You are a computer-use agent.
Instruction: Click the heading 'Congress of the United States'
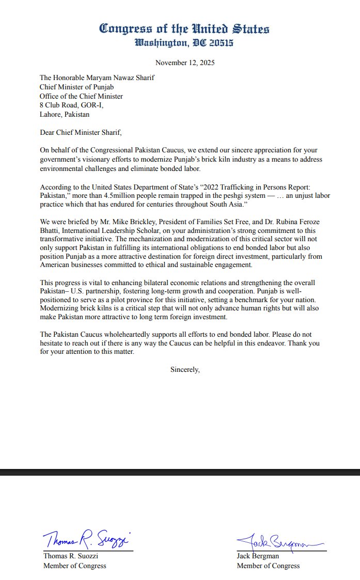pos(184,28)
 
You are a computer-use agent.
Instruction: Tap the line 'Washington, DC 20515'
pos(184,42)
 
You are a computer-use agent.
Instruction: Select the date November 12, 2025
pos(185,63)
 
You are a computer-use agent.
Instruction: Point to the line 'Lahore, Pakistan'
pos(65,114)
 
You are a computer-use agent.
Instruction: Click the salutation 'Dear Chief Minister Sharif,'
pos(81,132)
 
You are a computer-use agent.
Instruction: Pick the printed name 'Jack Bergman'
pos(258,556)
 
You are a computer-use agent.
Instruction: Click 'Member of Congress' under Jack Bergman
pos(268,566)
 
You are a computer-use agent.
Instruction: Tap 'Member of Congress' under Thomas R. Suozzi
pos(75,566)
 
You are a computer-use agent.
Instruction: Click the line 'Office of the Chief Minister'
pos(82,96)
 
